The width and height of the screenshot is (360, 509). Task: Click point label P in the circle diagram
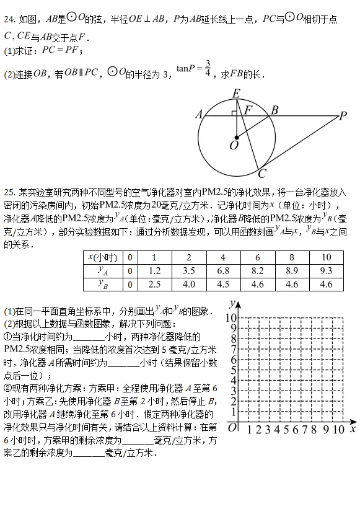click(x=343, y=115)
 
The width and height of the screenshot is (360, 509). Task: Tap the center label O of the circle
click(x=234, y=146)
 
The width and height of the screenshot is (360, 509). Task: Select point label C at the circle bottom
click(x=262, y=174)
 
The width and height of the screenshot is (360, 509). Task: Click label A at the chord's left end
click(x=199, y=114)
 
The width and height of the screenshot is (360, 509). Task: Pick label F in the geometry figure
click(x=248, y=110)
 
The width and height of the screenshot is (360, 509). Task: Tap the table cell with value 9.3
click(x=326, y=271)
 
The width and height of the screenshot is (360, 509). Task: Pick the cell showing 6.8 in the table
click(x=223, y=271)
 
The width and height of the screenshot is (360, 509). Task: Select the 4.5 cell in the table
click(x=223, y=284)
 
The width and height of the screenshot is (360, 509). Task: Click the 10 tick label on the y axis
click(x=230, y=318)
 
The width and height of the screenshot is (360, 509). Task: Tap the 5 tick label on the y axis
click(x=232, y=370)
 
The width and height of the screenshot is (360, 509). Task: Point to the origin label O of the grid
click(x=232, y=428)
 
